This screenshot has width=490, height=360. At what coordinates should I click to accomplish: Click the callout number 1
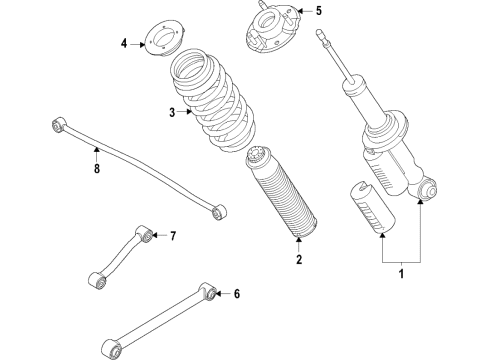(x=402, y=272)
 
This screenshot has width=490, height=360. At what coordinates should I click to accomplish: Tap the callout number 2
(x=297, y=261)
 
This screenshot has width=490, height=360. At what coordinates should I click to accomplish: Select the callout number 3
(x=172, y=112)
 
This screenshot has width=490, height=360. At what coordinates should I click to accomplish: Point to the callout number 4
(x=125, y=44)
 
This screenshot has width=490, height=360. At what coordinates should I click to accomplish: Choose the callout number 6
(x=237, y=294)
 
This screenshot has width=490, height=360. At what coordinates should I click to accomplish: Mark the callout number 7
(x=172, y=236)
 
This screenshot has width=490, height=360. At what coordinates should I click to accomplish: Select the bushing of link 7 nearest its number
(x=148, y=235)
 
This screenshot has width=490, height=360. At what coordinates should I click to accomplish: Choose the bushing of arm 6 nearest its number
(x=209, y=293)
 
